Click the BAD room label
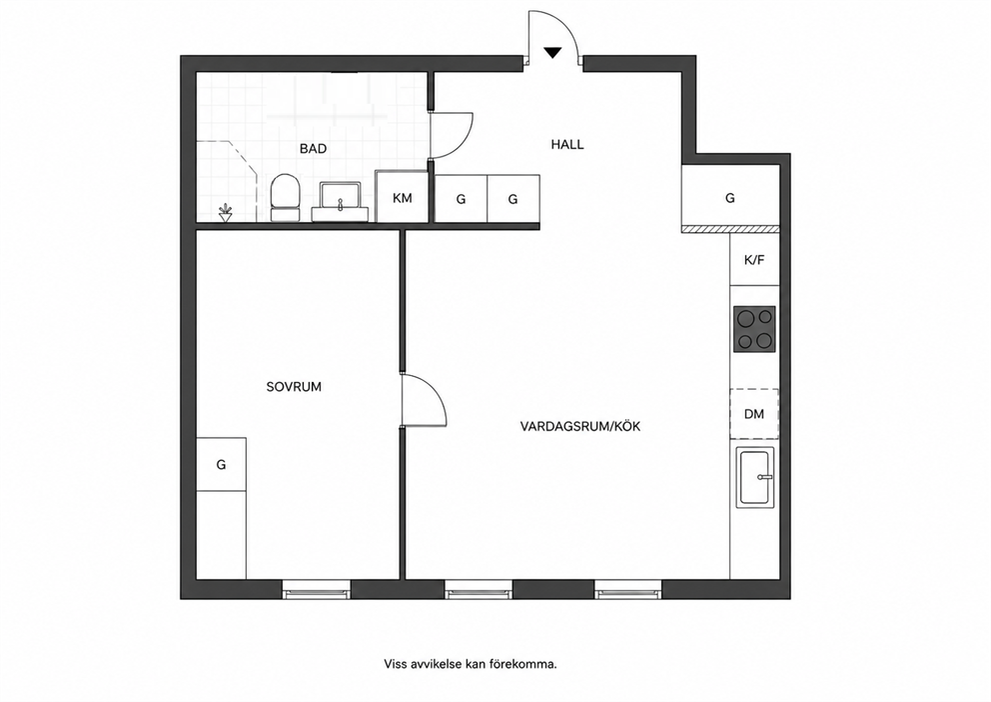click(x=313, y=149)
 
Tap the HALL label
click(x=566, y=144)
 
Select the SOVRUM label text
click(x=294, y=386)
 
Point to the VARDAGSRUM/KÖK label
click(x=580, y=426)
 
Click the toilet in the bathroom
click(x=286, y=198)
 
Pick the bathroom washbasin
click(x=340, y=202)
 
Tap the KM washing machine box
click(x=402, y=197)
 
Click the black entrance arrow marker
click(x=553, y=53)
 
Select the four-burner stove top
click(x=754, y=329)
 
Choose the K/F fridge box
click(x=754, y=259)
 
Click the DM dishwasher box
click(x=754, y=414)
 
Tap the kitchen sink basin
click(x=754, y=477)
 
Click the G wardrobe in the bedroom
click(x=221, y=464)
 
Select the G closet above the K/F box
click(x=730, y=198)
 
